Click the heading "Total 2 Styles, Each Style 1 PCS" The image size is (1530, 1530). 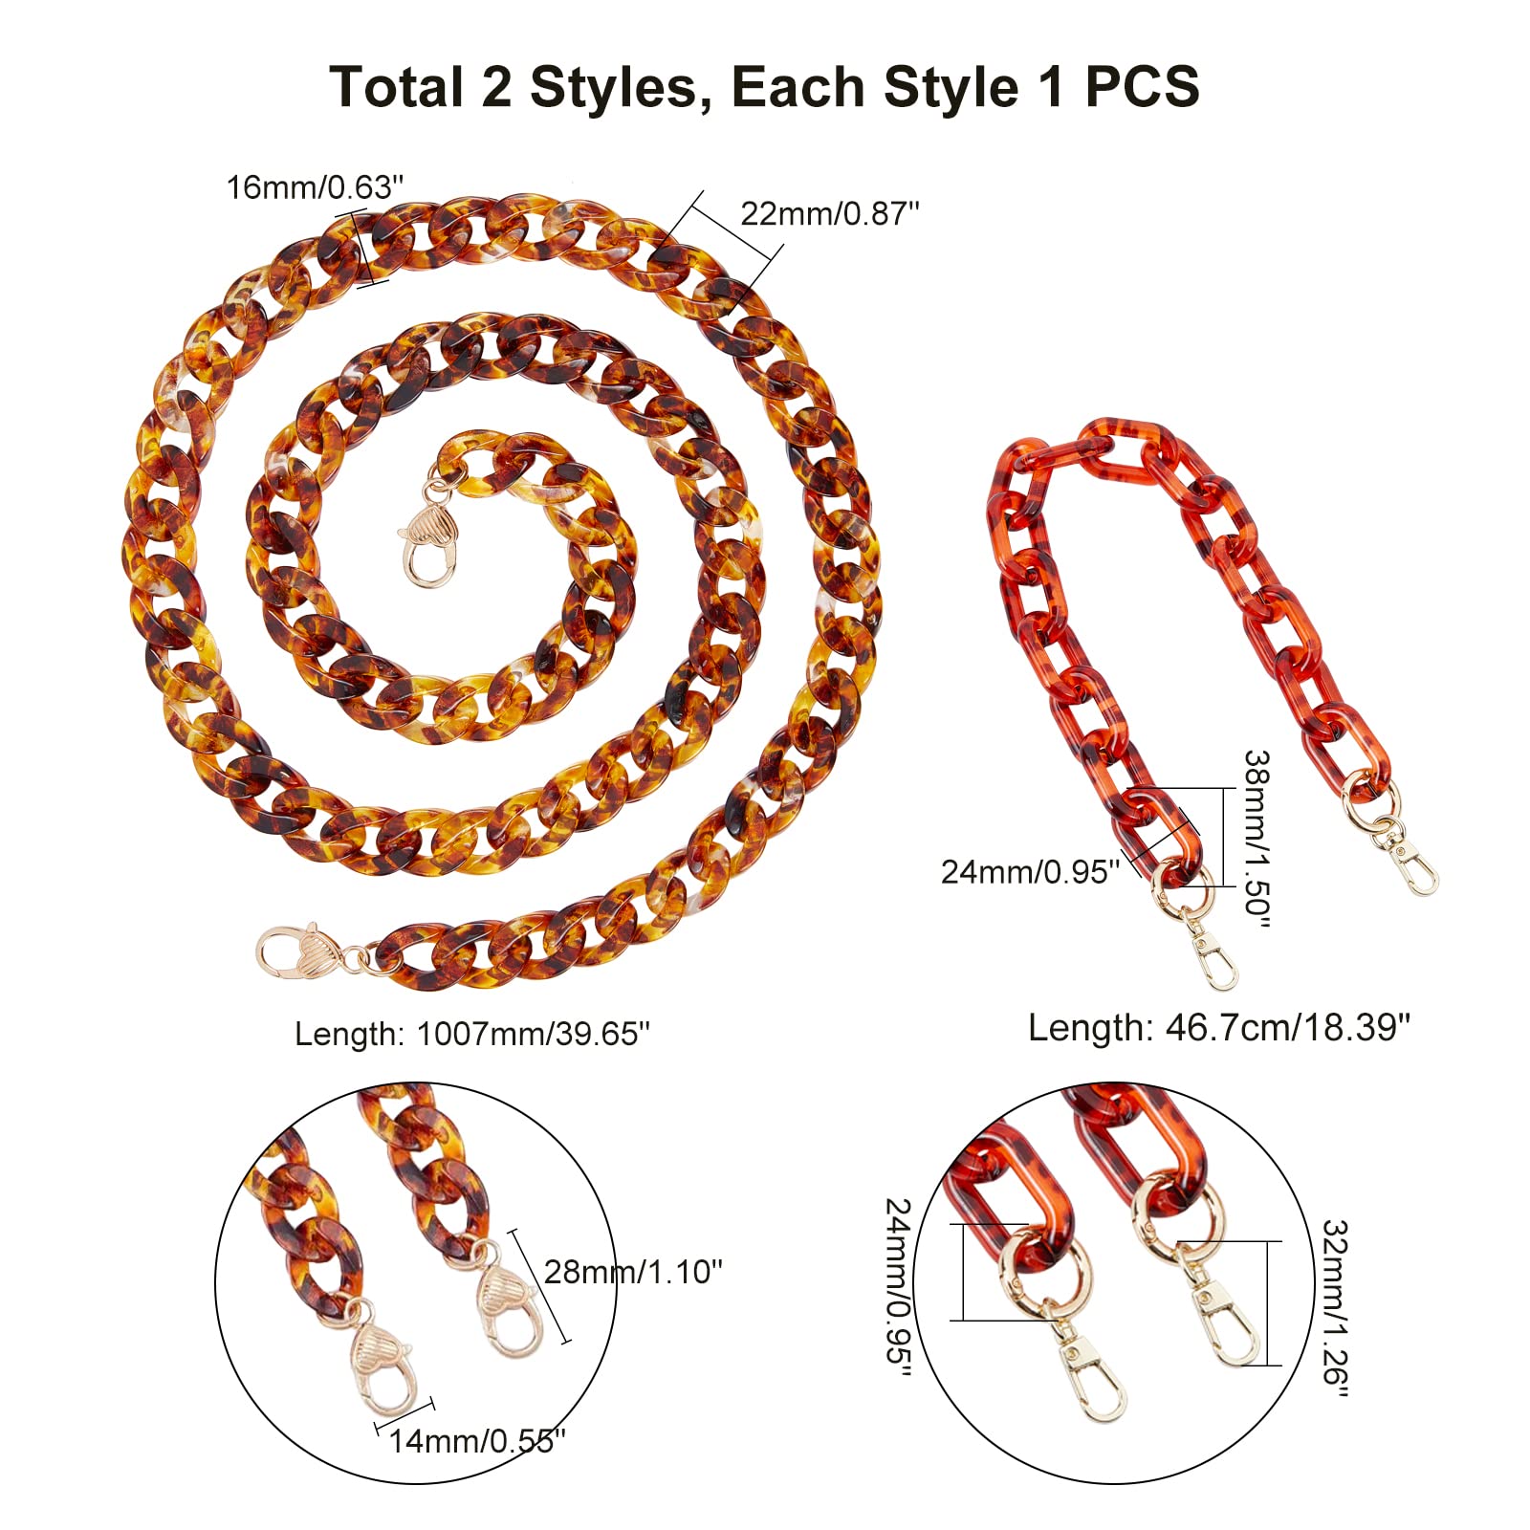pyautogui.click(x=764, y=87)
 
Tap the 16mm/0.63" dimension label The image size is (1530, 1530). pyautogui.click(x=315, y=187)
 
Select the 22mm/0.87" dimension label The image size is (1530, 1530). pyautogui.click(x=830, y=213)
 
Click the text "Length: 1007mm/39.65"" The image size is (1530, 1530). pyautogui.click(x=472, y=1034)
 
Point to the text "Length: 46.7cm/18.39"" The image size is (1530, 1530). pyautogui.click(x=1219, y=1028)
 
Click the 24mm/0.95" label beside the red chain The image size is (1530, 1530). pyautogui.click(x=1030, y=871)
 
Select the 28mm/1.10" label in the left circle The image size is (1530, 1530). pyautogui.click(x=633, y=1272)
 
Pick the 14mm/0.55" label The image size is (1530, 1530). pyautogui.click(x=477, y=1441)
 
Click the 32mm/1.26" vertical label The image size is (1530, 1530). pyautogui.click(x=1334, y=1308)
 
